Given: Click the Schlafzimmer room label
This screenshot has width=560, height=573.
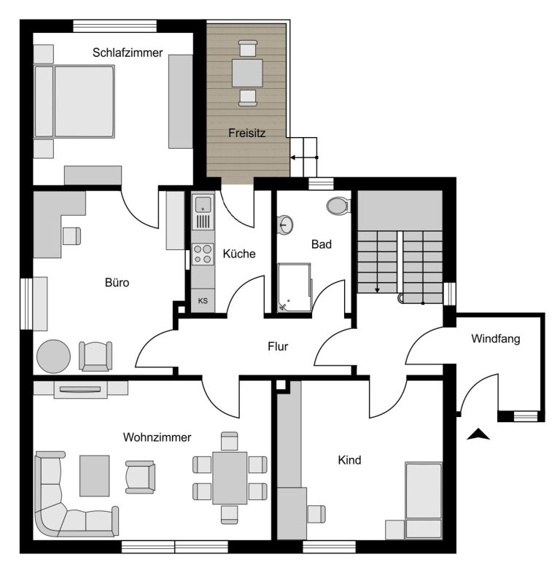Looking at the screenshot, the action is pos(128,52).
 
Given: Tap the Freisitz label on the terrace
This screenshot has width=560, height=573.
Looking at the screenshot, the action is pos(246,133).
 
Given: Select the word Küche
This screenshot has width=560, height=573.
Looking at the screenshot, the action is pos(239,254).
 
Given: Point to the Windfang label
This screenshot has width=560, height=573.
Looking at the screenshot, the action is pos(496,339).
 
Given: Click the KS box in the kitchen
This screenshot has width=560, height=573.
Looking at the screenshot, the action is pos(203,300).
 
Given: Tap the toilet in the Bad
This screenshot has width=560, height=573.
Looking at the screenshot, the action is pos(338,206).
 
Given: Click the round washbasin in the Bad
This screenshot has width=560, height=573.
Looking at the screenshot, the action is pos(285,225).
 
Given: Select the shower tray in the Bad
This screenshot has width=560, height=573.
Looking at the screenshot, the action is pos(295,288).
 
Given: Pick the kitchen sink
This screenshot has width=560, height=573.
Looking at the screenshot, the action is pos(203,204).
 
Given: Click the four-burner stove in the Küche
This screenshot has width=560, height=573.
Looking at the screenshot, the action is pos(203,254).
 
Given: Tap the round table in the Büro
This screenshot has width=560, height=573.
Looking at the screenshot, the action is pos(54,356).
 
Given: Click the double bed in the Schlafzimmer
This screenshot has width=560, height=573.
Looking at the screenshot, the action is pos(74,101).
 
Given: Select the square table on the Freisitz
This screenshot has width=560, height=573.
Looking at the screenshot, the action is pos(247,73).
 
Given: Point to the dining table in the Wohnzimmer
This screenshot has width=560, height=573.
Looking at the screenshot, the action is pos(230,478).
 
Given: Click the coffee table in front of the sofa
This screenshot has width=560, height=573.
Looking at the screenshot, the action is pos(94,475).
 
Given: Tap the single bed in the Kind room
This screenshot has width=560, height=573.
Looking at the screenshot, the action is pos(424,500).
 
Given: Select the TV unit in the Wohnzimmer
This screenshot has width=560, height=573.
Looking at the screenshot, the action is pos(80,389).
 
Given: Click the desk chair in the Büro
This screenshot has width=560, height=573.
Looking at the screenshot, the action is pos(71,236).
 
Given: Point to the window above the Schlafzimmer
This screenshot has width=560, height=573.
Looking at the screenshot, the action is pos(114,26).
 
